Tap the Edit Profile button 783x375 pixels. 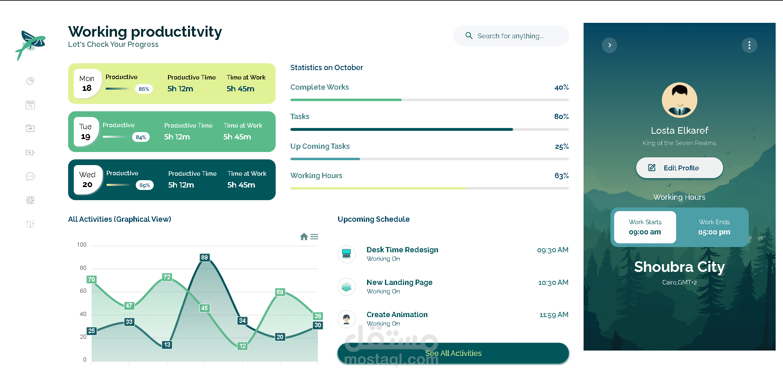click(679, 168)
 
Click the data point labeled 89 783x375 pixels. click(204, 258)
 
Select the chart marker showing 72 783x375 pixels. click(167, 277)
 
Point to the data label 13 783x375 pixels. click(167, 345)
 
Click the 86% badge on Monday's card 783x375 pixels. click(144, 89)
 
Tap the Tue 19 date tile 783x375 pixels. click(86, 132)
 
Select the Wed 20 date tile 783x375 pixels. click(87, 180)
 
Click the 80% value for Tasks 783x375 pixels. click(561, 117)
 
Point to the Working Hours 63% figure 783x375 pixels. click(561, 176)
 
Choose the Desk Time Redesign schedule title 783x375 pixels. click(402, 250)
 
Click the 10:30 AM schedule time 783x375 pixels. click(553, 282)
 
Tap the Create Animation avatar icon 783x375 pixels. click(347, 319)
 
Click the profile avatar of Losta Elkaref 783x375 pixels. click(679, 100)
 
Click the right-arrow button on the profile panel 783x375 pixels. click(609, 45)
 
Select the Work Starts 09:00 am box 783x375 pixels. click(645, 227)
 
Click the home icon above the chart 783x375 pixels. click(304, 237)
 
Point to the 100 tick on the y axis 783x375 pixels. click(82, 245)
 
